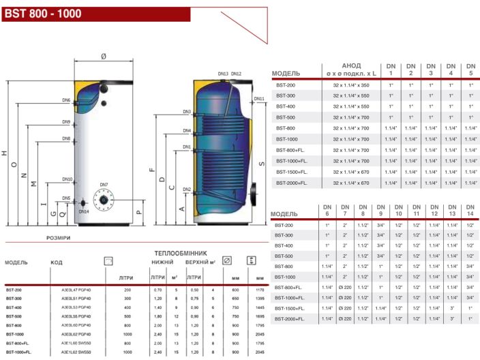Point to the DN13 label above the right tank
tap(223, 74)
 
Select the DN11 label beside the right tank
tap(259, 99)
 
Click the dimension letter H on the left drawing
tap(5, 154)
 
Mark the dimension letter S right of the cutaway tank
tap(261, 164)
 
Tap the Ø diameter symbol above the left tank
tap(104, 56)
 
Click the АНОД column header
tap(351, 66)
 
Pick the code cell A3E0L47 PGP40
tap(76, 290)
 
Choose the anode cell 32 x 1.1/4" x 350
tap(351, 85)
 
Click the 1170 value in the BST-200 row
tap(259, 290)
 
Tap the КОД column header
tap(56, 262)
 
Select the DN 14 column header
tap(470, 211)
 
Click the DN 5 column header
tap(470, 70)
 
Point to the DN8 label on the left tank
tap(66, 139)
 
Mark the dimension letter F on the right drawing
tap(152, 170)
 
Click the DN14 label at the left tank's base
tap(83, 211)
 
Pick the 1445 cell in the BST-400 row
tap(259, 307)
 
